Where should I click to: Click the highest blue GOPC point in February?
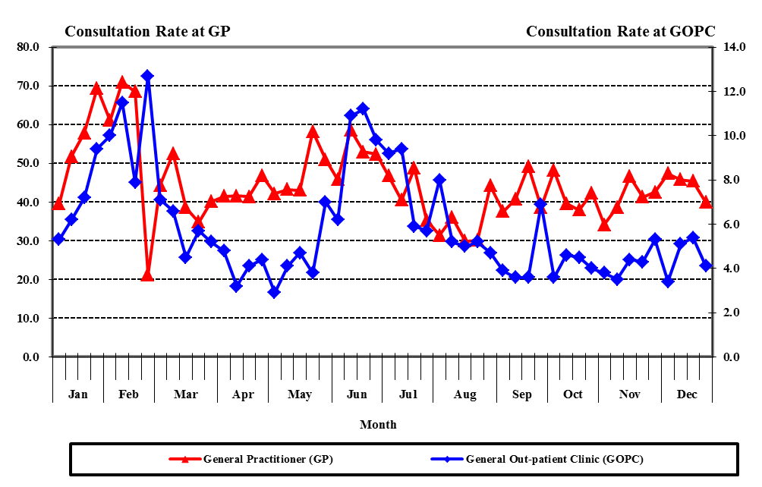(147, 76)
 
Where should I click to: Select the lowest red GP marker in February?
(147, 275)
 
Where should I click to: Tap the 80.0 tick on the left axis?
(28, 47)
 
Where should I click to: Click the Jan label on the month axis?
(77, 394)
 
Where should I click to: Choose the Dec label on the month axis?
(687, 394)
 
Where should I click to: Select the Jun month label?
(357, 394)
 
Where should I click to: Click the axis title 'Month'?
(378, 425)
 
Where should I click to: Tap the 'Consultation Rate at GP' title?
(147, 31)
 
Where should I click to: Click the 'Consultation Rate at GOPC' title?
(620, 31)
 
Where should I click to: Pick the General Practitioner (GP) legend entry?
(258, 459)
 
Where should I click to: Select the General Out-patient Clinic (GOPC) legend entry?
(545, 459)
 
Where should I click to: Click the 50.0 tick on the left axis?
(28, 163)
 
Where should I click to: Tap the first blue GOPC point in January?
(58, 239)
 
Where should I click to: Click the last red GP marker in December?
(705, 202)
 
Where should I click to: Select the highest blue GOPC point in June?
(363, 108)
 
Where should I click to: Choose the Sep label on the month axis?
(522, 394)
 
